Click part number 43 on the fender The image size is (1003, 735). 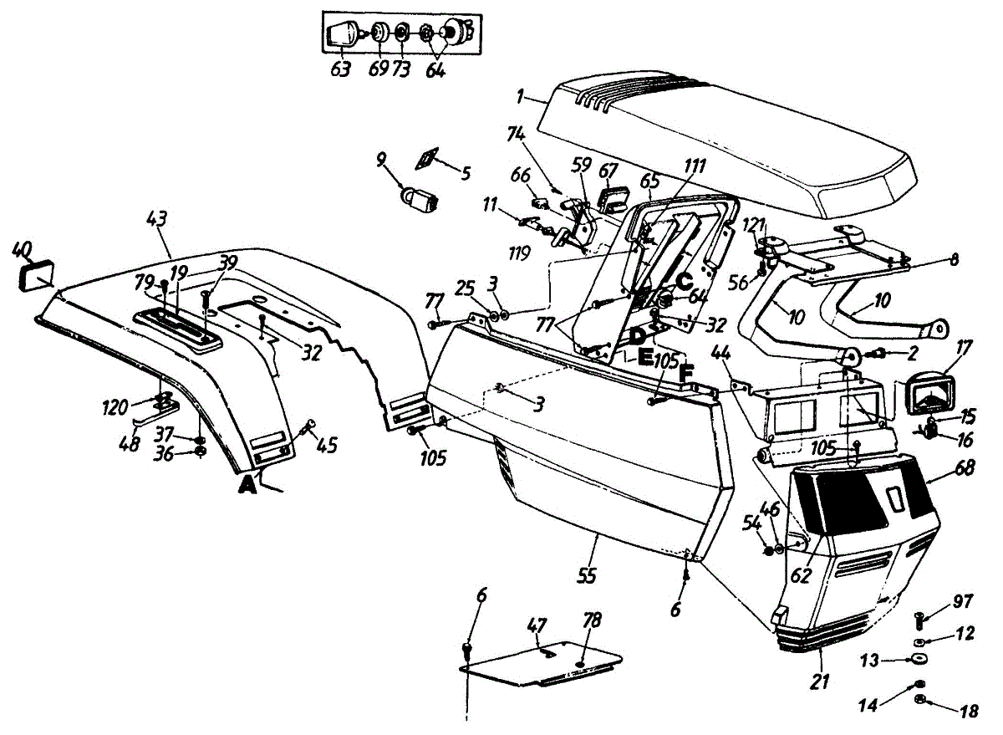(x=156, y=220)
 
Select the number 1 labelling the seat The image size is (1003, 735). (x=520, y=98)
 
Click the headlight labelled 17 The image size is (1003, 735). (x=929, y=396)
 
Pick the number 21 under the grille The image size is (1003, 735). (x=820, y=681)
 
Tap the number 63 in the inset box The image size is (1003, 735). (x=340, y=69)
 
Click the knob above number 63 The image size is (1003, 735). (x=340, y=35)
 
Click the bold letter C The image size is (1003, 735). (x=683, y=282)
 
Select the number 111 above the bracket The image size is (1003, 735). (x=695, y=166)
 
